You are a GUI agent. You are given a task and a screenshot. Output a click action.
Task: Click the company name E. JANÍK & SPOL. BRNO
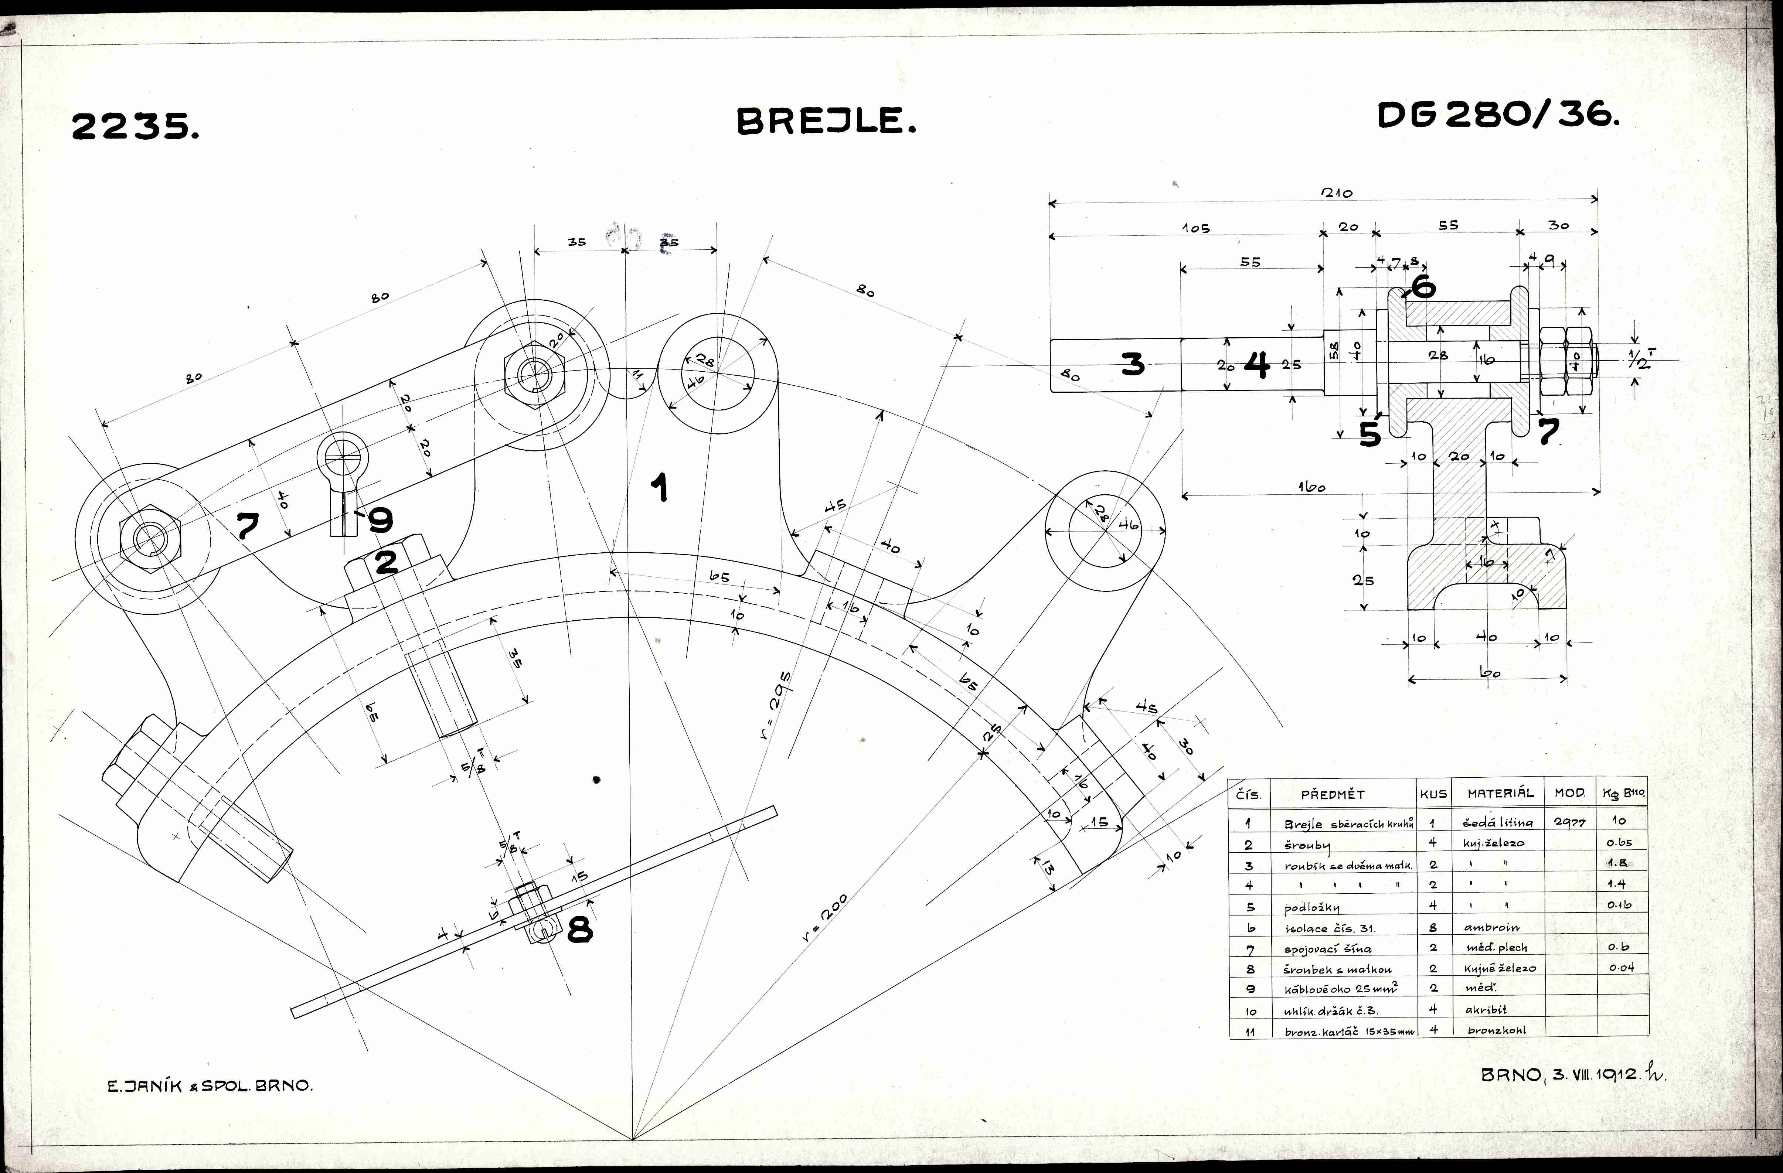pyautogui.click(x=210, y=1085)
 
